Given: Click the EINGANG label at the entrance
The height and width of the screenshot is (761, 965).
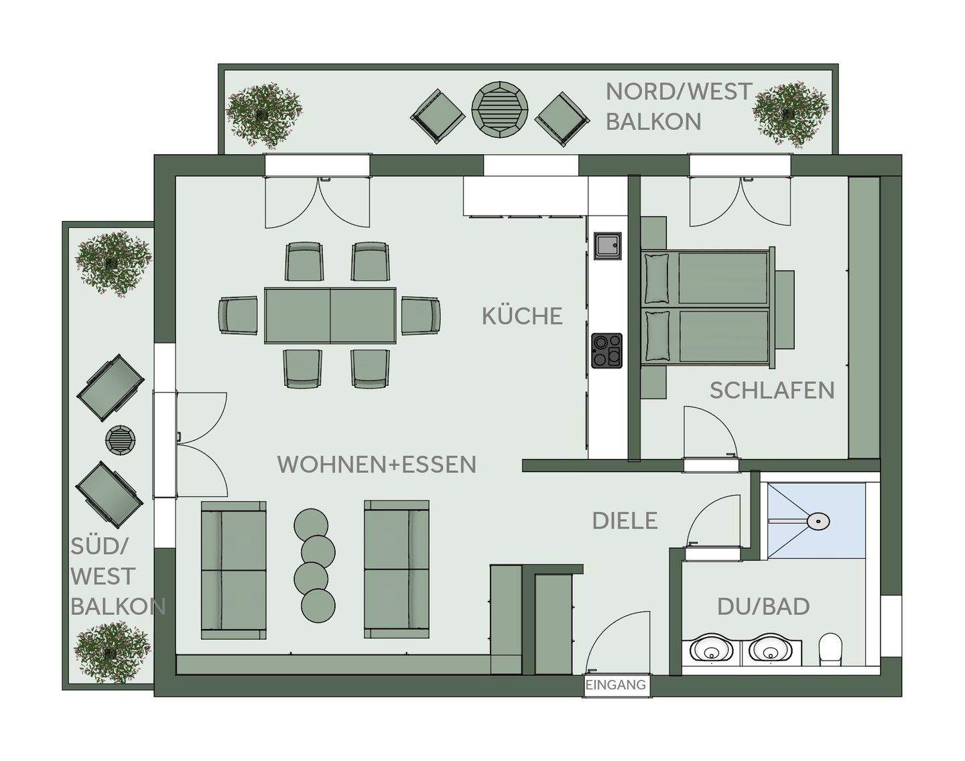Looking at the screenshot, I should tap(616, 685).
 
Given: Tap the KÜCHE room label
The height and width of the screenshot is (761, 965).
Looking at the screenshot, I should tap(522, 316).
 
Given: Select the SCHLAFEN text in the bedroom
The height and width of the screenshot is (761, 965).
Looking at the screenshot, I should tap(772, 391).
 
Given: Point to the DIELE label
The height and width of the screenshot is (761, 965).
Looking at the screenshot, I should tap(625, 521).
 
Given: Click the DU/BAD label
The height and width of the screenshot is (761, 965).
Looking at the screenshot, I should tap(763, 606).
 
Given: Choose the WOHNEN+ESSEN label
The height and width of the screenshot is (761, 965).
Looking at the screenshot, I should tap(377, 464).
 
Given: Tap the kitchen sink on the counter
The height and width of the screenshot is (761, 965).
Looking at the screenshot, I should tap(607, 245).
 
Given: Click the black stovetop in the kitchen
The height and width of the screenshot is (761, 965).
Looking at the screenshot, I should tap(607, 350).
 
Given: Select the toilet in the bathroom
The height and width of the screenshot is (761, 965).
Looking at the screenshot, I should tap(830, 648).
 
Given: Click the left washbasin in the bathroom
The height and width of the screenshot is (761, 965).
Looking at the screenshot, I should tap(710, 650).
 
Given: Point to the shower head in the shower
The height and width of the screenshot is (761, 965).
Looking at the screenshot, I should tap(818, 521).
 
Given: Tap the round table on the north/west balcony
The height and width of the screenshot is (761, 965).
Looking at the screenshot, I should tap(500, 109).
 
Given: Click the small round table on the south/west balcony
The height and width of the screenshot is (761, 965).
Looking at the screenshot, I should tap(121, 440).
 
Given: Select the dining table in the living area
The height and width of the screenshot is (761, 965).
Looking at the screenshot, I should tap(330, 316).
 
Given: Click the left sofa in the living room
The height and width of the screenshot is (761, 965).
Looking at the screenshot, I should tap(233, 569).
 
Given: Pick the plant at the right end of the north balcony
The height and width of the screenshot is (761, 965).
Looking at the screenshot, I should tap(791, 114).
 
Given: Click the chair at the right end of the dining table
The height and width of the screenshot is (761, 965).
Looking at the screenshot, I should tap(421, 316).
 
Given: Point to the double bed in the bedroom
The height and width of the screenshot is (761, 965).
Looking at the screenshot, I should tap(707, 309).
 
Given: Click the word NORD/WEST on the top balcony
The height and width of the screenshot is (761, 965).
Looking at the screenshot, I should tap(679, 92).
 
